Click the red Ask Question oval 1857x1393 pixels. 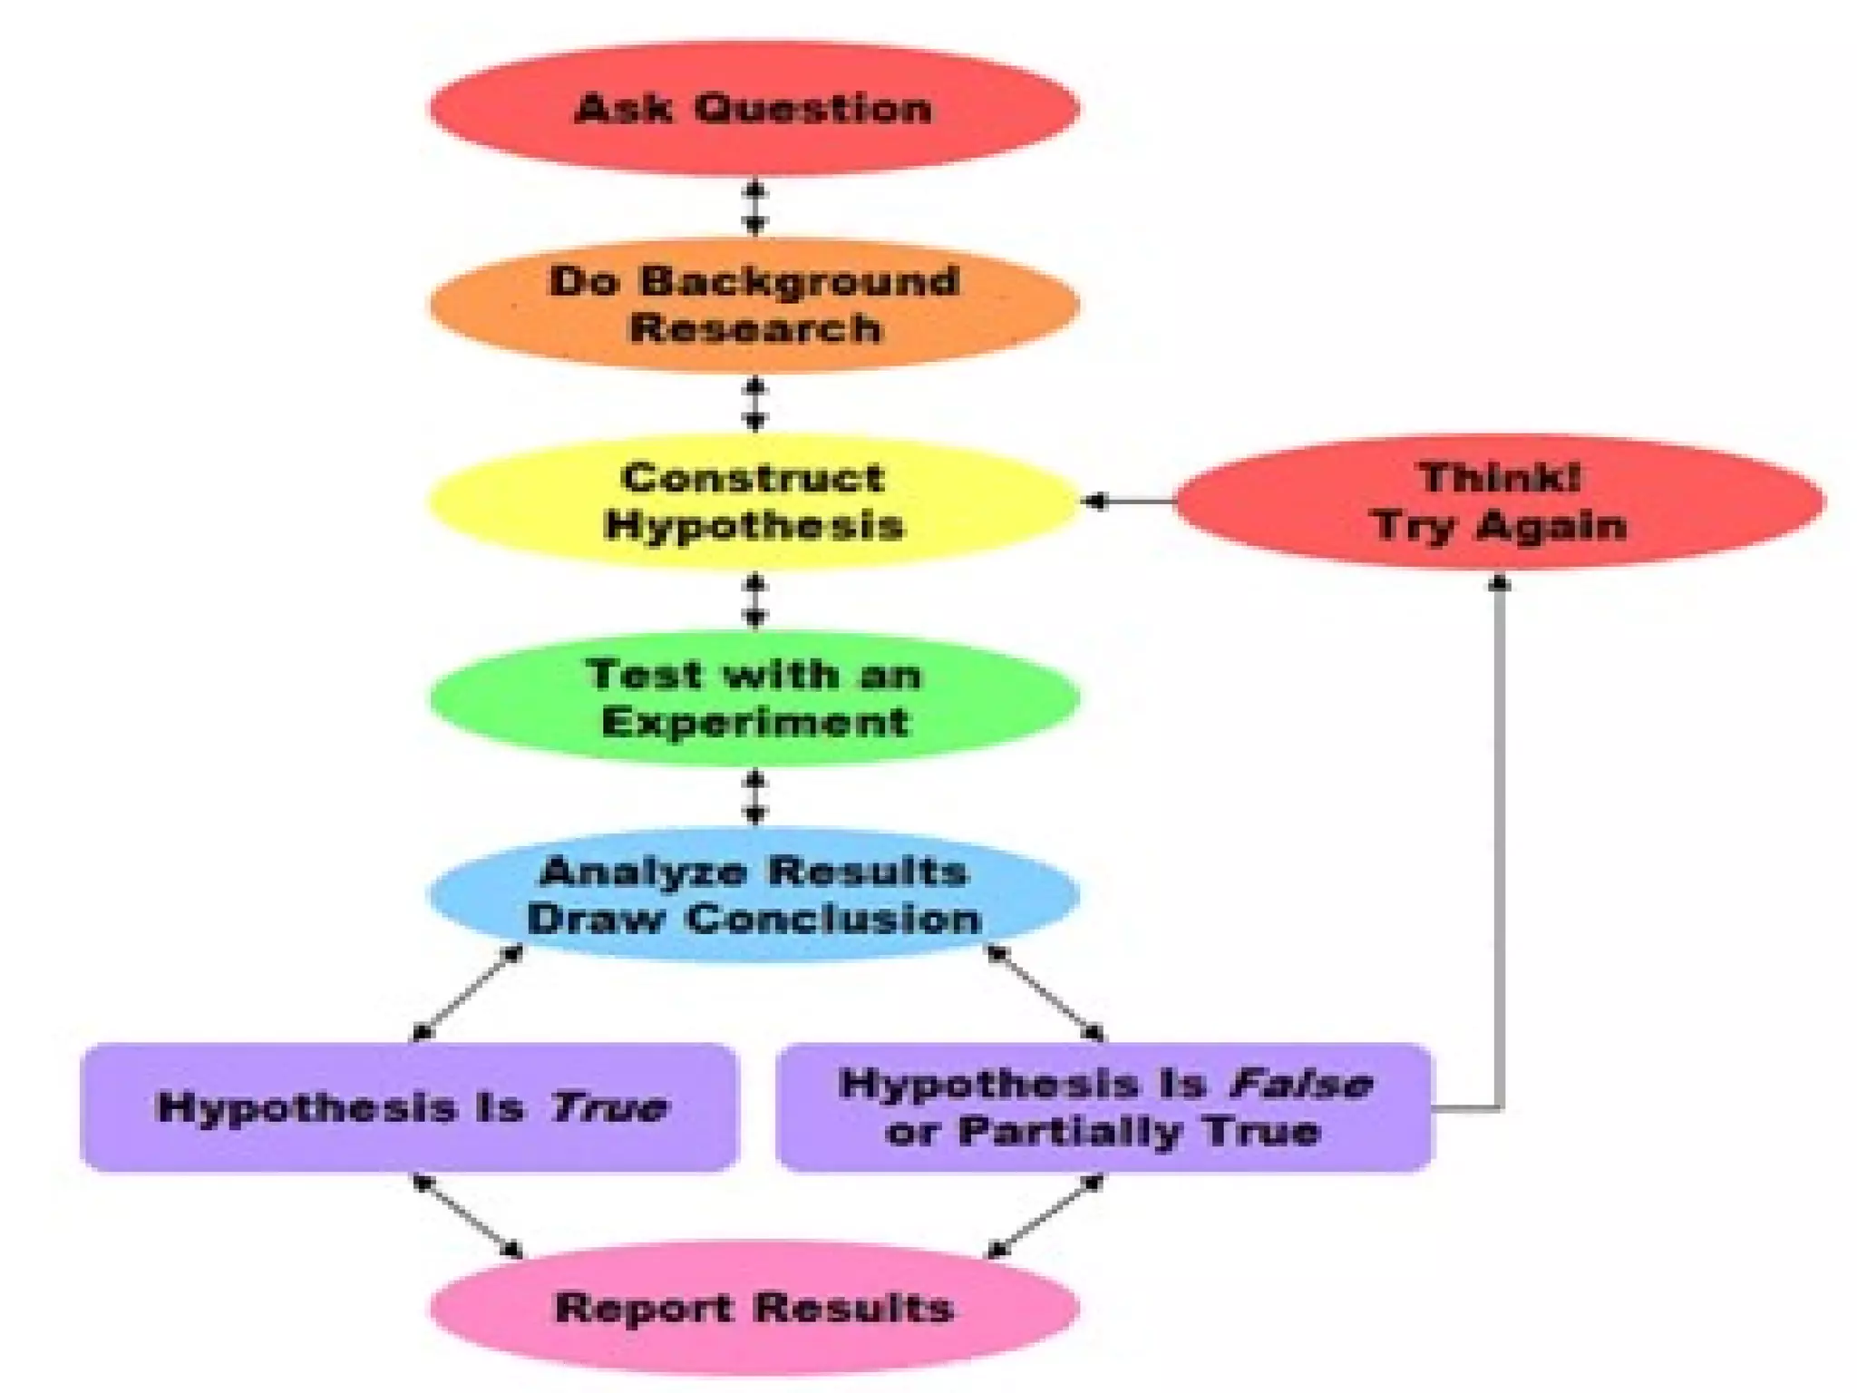pyautogui.click(x=754, y=109)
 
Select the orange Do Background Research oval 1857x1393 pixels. pyautogui.click(x=754, y=305)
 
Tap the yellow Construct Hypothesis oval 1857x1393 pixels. pyautogui.click(x=754, y=502)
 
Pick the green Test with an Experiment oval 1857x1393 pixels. pyautogui.click(x=754, y=698)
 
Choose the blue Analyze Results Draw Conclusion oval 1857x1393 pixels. pyautogui.click(x=754, y=894)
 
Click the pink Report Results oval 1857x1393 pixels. pyautogui.click(x=754, y=1308)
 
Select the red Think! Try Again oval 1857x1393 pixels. pyautogui.click(x=1500, y=502)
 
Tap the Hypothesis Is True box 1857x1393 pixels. pyautogui.click(x=410, y=1107)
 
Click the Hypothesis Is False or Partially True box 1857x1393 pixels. pyautogui.click(x=1104, y=1107)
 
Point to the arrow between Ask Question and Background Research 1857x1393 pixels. pyautogui.click(x=754, y=208)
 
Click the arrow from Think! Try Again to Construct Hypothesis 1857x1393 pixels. pyautogui.click(x=1130, y=501)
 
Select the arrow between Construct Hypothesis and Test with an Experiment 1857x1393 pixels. pyautogui.click(x=754, y=600)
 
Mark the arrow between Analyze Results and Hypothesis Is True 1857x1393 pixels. pyautogui.click(x=467, y=993)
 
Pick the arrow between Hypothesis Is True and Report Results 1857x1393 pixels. pyautogui.click(x=467, y=1215)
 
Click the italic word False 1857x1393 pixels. pyautogui.click(x=1300, y=1083)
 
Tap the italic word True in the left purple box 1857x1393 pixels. pyautogui.click(x=609, y=1107)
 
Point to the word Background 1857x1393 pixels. pyautogui.click(x=800, y=281)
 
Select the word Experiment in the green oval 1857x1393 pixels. pyautogui.click(x=754, y=723)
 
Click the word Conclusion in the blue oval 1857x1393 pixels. pyautogui.click(x=834, y=919)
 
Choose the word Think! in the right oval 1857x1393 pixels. pyautogui.click(x=1500, y=478)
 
